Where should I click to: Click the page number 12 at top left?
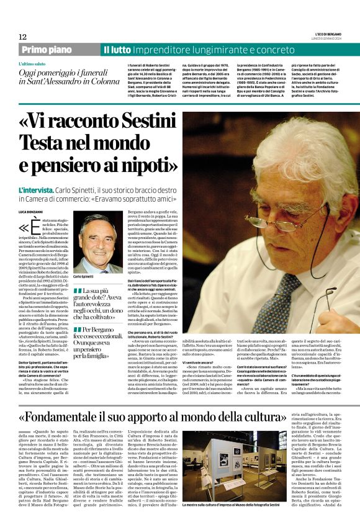pos(23,37)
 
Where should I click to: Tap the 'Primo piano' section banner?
pos(57,49)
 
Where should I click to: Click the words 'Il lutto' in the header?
pos(117,49)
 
